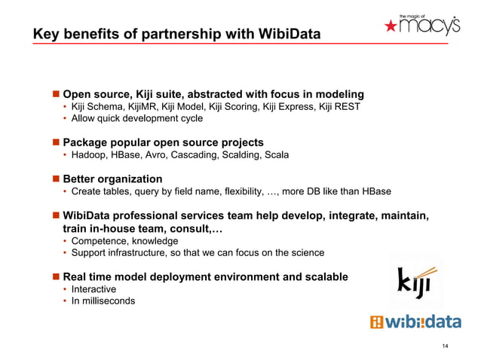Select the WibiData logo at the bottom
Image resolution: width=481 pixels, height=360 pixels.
[x=415, y=322]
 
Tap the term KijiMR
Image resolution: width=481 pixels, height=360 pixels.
[x=146, y=107]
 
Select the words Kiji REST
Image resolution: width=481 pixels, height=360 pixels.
[x=339, y=107]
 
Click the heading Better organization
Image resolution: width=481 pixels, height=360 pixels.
[x=112, y=178]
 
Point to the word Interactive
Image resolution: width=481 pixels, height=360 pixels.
[x=94, y=289]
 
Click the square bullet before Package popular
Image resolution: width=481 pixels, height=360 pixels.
[x=54, y=142]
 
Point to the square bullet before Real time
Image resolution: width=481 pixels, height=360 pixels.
[x=54, y=276]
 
